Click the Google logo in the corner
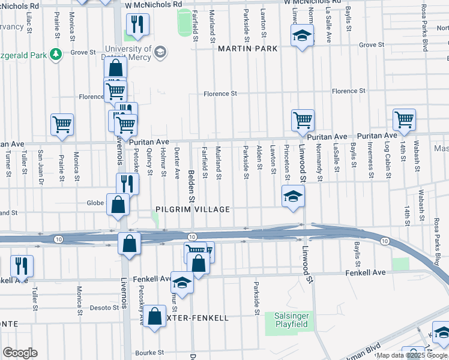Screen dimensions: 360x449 (x=20, y=353)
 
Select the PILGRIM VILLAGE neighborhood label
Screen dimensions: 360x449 (x=193, y=209)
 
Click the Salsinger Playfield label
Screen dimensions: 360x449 (x=287, y=320)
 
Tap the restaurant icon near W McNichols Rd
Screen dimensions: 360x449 (x=137, y=25)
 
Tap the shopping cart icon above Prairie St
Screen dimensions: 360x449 (x=62, y=124)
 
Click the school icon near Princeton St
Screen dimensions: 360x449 (x=292, y=196)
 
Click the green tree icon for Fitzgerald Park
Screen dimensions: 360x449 (x=55, y=55)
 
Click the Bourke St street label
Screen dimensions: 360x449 (x=149, y=352)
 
